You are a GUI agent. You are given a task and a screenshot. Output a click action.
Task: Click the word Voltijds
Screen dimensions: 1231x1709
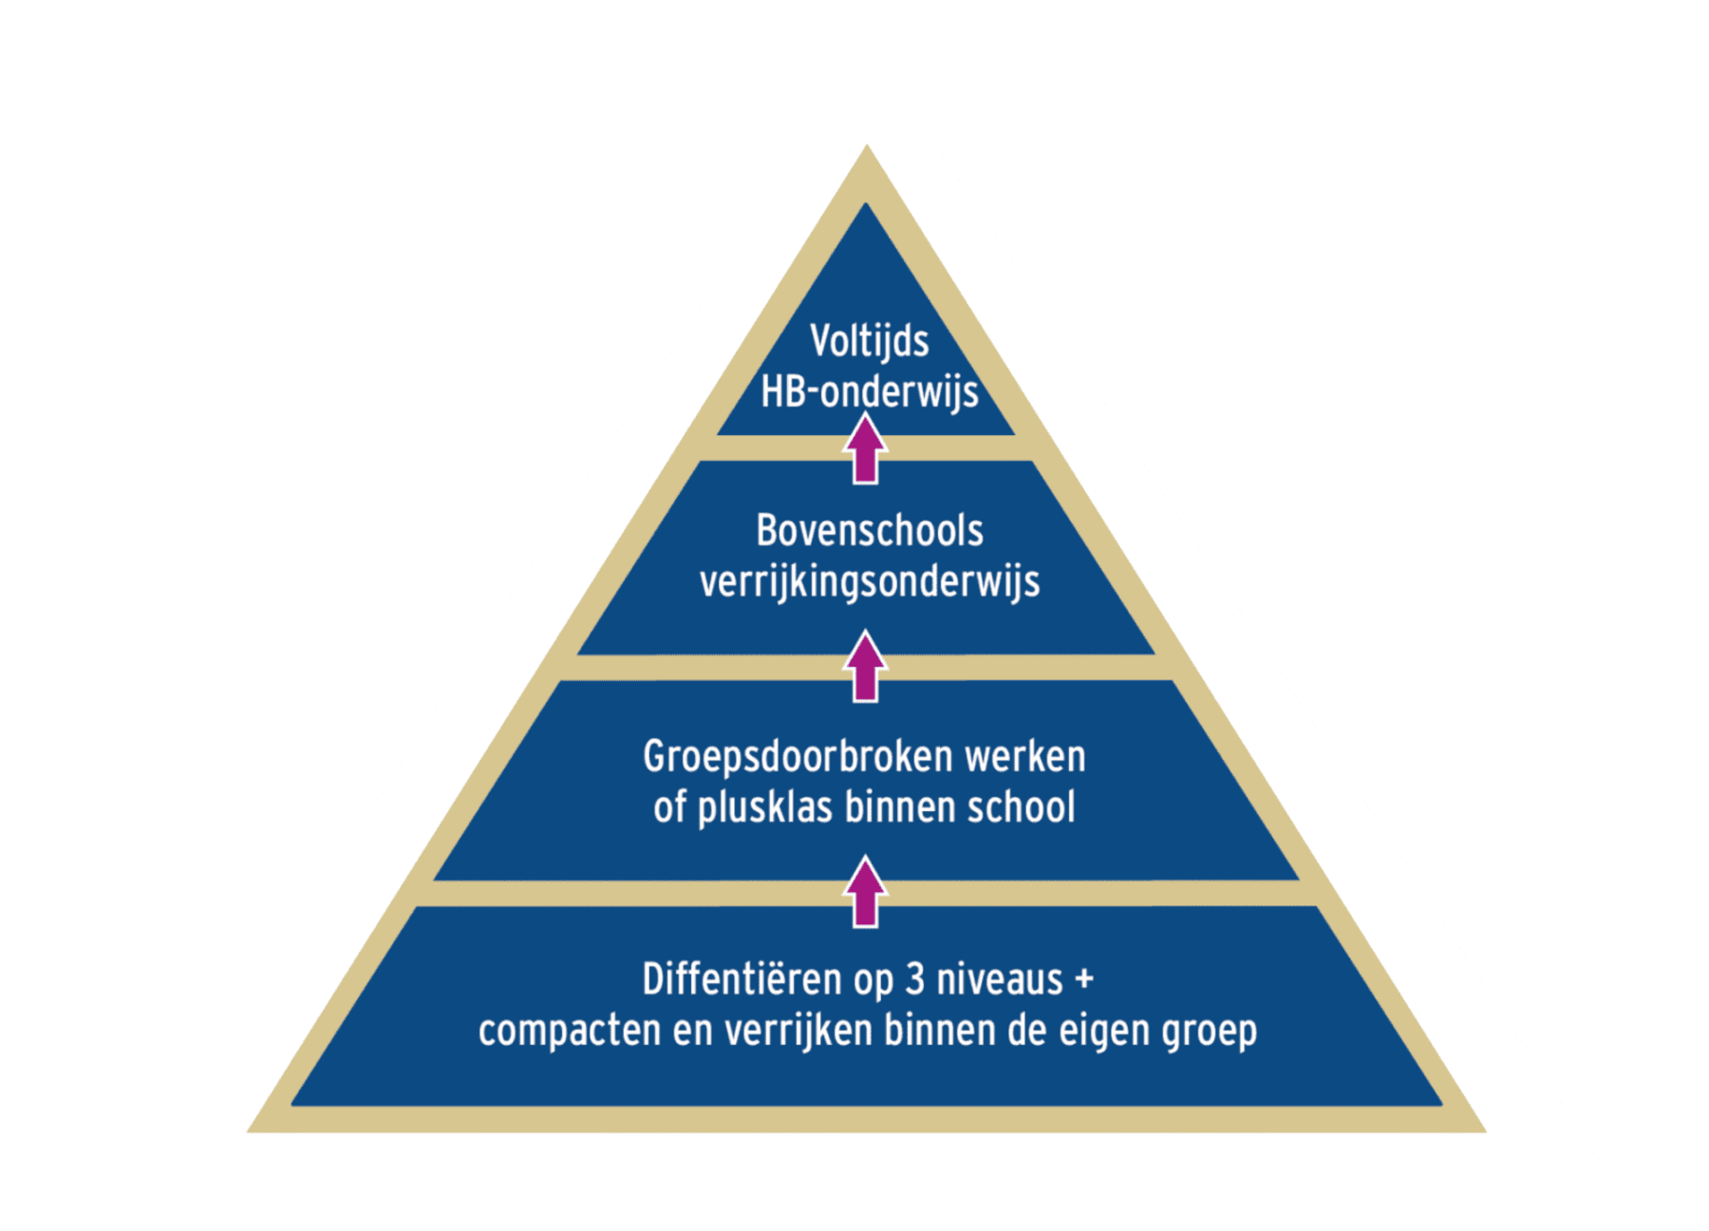pos(869,341)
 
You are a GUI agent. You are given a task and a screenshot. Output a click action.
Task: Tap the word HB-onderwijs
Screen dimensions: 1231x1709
pos(869,391)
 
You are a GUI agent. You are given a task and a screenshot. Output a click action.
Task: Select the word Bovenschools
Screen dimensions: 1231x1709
pos(869,531)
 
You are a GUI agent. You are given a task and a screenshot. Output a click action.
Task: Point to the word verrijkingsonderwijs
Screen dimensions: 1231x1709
pos(869,582)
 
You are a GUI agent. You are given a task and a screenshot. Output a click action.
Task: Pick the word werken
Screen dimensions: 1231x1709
pos(1025,758)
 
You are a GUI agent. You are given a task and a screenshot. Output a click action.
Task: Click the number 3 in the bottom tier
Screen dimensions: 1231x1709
pos(914,980)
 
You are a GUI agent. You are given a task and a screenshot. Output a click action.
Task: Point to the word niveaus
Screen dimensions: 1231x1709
pos(1000,980)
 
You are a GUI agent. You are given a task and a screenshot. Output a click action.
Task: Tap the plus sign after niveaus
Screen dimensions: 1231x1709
pos(1084,980)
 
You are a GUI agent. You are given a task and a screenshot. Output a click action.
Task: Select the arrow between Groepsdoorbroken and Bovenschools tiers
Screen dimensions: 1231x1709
pos(865,668)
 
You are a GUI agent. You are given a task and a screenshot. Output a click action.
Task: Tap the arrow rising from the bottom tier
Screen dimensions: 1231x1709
pos(865,893)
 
